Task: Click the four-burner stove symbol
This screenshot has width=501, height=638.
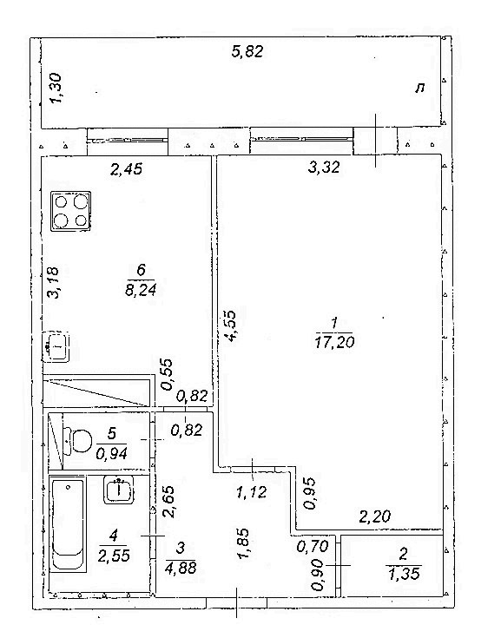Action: [70, 211]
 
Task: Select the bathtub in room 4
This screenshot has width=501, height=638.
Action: [68, 526]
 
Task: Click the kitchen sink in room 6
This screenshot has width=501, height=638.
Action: [56, 347]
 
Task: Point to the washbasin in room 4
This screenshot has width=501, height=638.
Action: [118, 490]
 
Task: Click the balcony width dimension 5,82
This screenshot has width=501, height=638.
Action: [247, 52]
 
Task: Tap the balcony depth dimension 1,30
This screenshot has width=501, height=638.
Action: [56, 88]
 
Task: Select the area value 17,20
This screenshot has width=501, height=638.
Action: [334, 342]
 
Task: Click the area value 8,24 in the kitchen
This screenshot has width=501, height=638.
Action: [141, 290]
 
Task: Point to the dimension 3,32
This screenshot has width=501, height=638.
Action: [324, 167]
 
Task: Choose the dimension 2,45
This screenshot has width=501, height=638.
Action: [127, 168]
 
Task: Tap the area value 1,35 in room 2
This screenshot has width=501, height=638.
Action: [404, 574]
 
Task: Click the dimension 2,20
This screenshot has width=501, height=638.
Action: [374, 516]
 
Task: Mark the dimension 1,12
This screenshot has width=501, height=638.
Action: [252, 492]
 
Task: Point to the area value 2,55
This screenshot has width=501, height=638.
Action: [114, 555]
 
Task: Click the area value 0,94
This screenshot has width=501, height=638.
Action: [112, 452]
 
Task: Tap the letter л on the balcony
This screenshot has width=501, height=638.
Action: [420, 88]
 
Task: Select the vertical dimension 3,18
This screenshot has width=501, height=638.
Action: [53, 283]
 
